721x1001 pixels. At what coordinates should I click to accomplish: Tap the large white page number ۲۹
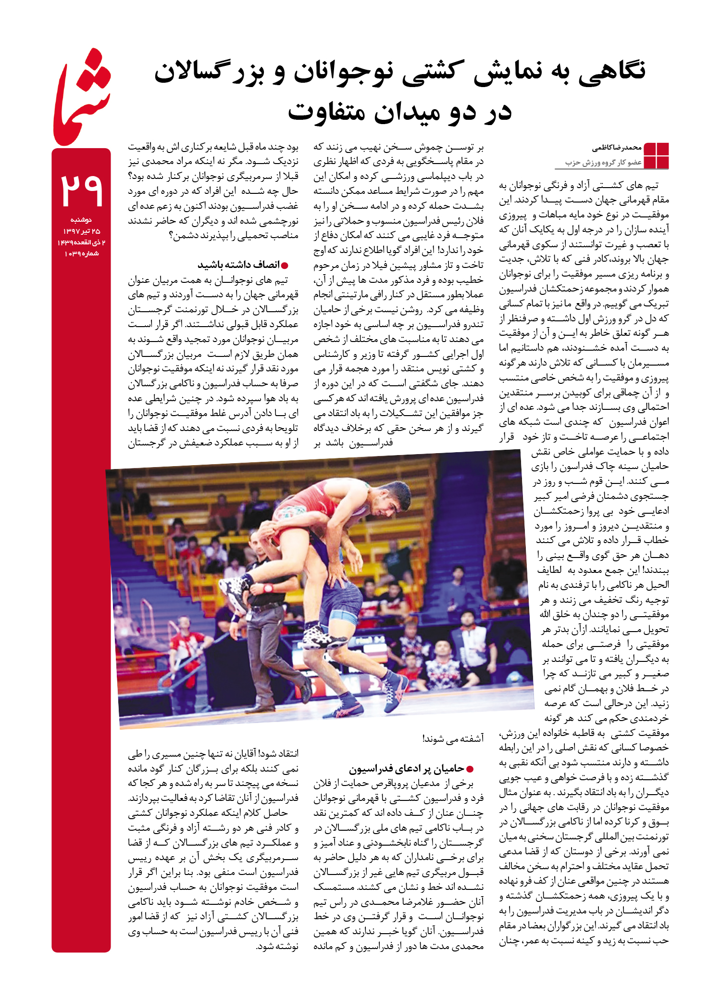point(81,190)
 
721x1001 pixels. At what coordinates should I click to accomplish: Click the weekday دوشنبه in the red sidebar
point(81,220)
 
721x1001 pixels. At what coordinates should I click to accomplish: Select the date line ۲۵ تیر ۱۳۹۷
point(81,231)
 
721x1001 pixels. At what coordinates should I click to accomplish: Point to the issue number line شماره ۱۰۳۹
point(81,253)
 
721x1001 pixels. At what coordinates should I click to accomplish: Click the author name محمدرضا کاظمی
point(617,148)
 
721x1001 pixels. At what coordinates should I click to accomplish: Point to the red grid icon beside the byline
point(656,155)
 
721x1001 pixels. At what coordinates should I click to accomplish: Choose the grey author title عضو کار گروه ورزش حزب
point(603,163)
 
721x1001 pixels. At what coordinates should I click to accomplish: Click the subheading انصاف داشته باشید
point(238,265)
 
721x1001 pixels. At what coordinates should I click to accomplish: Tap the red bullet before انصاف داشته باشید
point(285,266)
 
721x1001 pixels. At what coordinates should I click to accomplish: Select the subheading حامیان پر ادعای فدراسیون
point(407,769)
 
